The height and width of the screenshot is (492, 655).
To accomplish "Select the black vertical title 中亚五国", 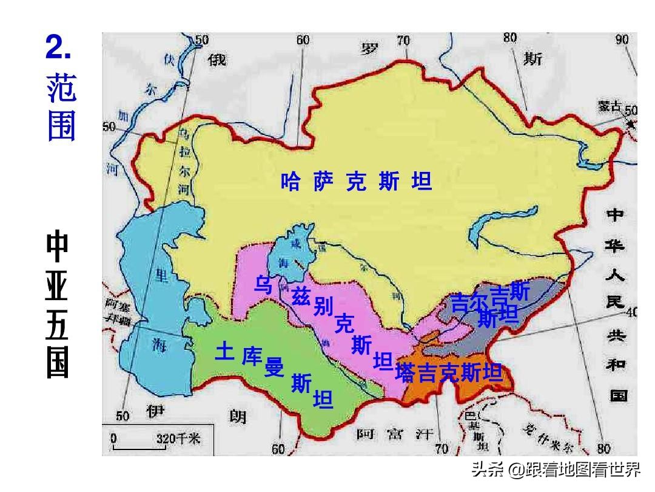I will tap(59, 304).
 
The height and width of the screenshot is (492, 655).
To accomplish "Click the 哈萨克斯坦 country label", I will tap(356, 182).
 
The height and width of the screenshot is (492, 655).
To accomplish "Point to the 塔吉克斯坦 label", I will tap(449, 372).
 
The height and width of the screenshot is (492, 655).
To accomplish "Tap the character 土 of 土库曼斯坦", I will tap(224, 352).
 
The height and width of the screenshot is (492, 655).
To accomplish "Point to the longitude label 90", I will tap(622, 39).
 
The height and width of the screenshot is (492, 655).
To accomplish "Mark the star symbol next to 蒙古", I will tap(631, 125).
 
